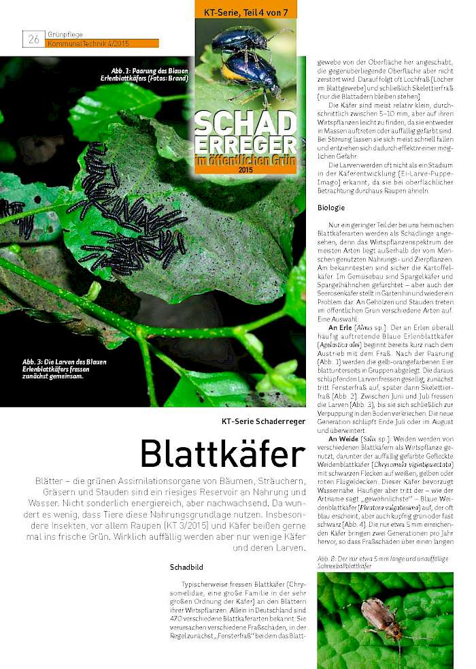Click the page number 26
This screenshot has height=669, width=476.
point(33,39)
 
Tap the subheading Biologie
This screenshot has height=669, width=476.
point(331,208)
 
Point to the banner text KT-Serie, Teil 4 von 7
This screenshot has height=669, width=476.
point(245,12)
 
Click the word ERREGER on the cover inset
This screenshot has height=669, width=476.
point(245,145)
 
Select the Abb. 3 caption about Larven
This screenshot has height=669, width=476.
point(64,368)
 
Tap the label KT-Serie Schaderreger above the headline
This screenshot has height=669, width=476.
point(264,421)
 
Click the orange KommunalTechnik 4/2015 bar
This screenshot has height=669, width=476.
point(101,44)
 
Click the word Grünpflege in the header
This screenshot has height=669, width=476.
point(61,33)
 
